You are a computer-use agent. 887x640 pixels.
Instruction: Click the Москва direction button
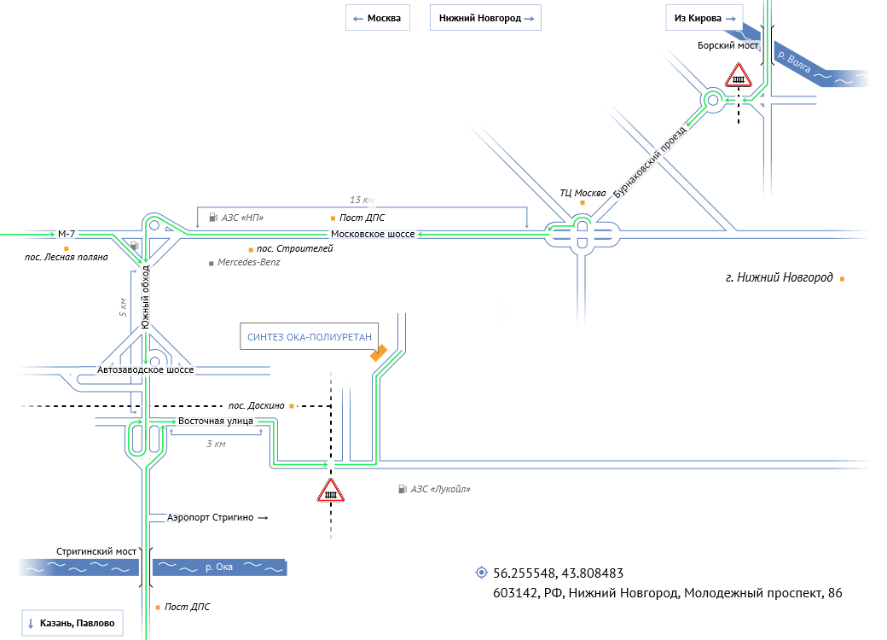[x=377, y=18]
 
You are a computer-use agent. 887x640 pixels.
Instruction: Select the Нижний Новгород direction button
[x=485, y=18]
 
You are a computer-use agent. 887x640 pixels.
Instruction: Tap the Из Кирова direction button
[x=704, y=18]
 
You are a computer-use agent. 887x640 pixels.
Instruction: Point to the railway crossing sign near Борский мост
[x=739, y=78]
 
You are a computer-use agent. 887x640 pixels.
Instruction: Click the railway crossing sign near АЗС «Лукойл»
[x=330, y=492]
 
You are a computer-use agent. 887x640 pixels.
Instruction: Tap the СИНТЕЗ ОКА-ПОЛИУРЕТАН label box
[x=310, y=337]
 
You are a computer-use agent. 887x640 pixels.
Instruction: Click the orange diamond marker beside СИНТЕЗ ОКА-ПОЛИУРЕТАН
[x=379, y=352]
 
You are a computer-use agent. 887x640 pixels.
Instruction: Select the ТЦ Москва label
[x=583, y=192]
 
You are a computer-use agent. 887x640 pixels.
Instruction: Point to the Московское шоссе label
[x=373, y=234]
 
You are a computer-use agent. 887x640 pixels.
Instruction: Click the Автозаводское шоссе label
[x=146, y=370]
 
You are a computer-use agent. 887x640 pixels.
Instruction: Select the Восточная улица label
[x=217, y=422]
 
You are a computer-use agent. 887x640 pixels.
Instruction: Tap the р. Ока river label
[x=220, y=567]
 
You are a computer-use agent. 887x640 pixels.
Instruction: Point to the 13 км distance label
[x=362, y=201]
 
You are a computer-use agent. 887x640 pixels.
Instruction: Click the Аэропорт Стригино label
[x=212, y=518]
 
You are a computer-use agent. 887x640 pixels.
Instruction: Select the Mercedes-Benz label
[x=248, y=263]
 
